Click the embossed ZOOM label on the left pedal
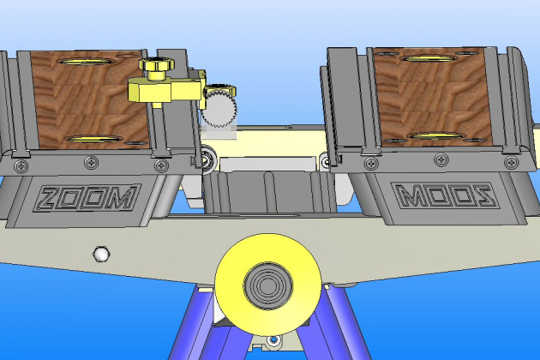(x=87, y=198)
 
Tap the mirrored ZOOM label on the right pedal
(x=446, y=196)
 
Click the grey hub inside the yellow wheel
(x=268, y=285)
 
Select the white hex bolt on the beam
(x=101, y=254)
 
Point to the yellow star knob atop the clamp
(x=156, y=65)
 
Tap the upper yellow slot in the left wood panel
(x=87, y=62)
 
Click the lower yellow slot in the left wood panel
(x=93, y=139)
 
